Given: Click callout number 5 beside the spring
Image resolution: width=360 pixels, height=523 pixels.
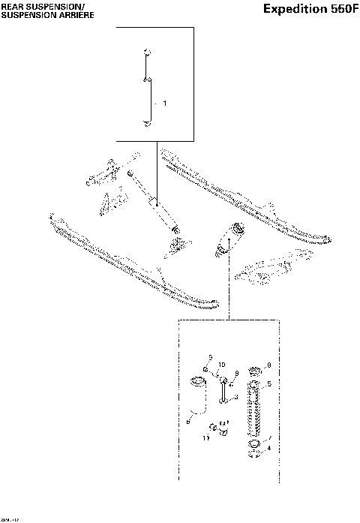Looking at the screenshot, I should pyautogui.click(x=269, y=384).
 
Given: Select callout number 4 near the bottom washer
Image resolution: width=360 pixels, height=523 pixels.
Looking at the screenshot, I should pyautogui.click(x=269, y=448).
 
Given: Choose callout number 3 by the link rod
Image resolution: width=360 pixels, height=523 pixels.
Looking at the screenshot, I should pyautogui.click(x=235, y=396).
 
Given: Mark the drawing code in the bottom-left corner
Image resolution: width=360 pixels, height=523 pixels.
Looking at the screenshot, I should pyautogui.click(x=10, y=518).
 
